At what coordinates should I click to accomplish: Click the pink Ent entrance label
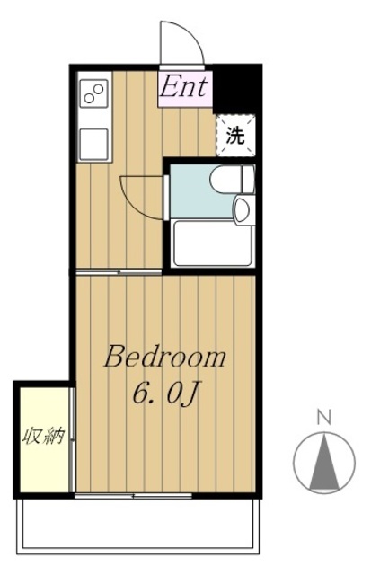point(184,88)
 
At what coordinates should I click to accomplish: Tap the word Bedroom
point(164,358)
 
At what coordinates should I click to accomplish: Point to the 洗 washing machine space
point(234,137)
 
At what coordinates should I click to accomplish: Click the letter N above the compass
point(324,417)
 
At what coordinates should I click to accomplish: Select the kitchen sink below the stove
point(94,142)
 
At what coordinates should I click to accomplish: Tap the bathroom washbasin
point(241,211)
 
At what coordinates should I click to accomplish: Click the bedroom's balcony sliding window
point(135,496)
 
